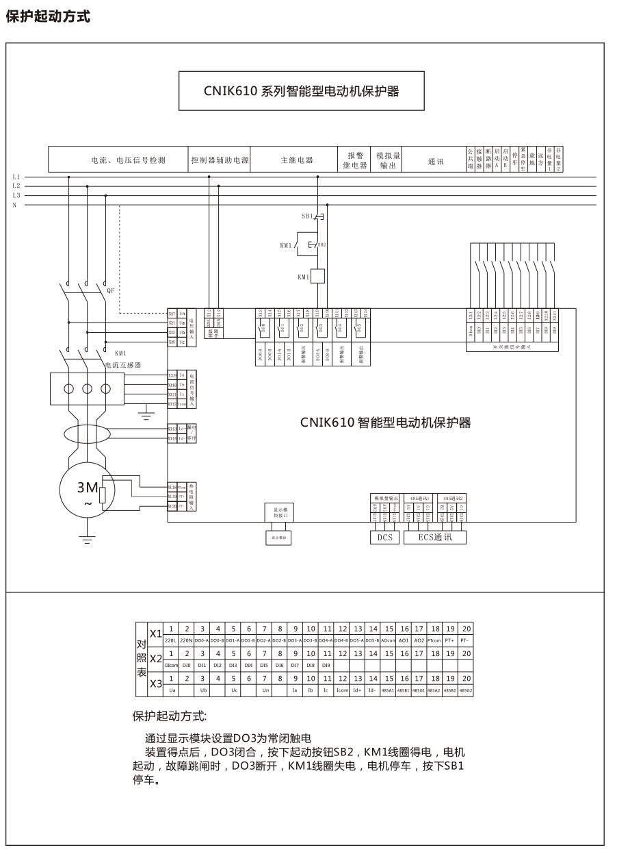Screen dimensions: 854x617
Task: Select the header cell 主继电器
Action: pos(296,160)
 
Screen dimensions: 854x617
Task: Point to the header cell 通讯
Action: pos(436,162)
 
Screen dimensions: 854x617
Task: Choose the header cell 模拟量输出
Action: pos(388,160)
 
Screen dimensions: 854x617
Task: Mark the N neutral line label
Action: pos(14,205)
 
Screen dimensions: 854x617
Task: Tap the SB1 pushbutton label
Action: pos(307,216)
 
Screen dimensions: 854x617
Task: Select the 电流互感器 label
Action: pos(122,366)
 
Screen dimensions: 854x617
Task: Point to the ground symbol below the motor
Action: pos(87,540)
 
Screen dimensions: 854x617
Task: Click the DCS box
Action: pos(385,538)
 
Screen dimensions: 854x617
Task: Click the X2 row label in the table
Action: pos(156,658)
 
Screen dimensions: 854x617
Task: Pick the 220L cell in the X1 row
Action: pos(171,640)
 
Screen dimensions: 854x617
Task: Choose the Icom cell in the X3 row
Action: pos(342,690)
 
